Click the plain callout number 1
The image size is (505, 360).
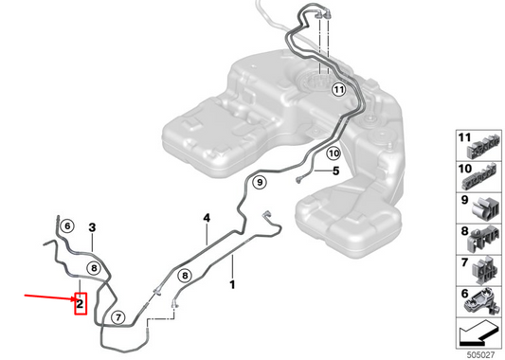[x=231, y=281]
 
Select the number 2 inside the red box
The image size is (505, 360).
[x=81, y=304]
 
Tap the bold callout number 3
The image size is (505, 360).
[x=92, y=227]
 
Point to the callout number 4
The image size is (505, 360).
[x=205, y=219]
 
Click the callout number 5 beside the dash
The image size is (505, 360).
[x=335, y=171]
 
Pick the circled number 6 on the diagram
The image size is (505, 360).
[x=66, y=226]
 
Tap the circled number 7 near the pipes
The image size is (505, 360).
[x=117, y=317]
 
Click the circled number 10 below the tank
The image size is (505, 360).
[x=333, y=153]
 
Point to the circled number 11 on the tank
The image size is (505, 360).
[x=338, y=91]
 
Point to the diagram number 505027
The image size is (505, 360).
[x=479, y=354]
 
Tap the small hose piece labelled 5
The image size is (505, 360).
[x=303, y=174]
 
